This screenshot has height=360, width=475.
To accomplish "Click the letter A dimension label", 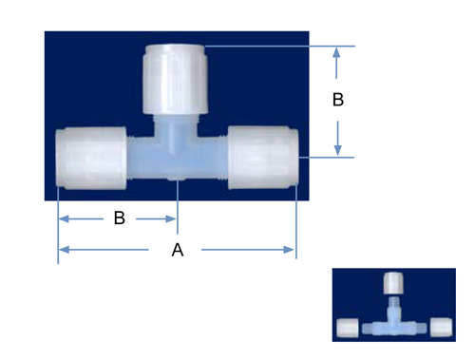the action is (178, 250).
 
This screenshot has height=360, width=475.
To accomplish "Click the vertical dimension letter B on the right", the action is (338, 100).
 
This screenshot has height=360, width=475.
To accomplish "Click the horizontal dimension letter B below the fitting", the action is (120, 218).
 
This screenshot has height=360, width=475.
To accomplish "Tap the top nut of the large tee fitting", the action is (175, 79).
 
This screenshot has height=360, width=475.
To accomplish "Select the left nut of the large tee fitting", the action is (91, 158).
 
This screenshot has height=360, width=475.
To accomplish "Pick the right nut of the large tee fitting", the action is (263, 158).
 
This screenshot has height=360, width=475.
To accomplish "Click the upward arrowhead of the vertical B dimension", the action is (336, 52).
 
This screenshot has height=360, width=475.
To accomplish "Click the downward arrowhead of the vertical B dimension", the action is (338, 150).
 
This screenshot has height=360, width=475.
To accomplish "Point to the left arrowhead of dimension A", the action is (65, 250).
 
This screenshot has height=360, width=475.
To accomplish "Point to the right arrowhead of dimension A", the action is (289, 250).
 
